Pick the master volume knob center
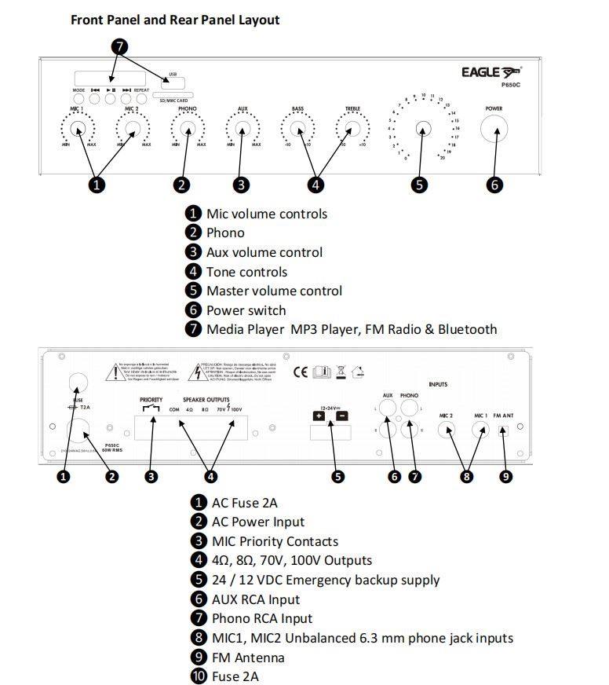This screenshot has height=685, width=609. [x=422, y=129]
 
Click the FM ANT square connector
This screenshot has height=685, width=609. [x=504, y=430]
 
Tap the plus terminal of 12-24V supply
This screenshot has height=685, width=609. [x=318, y=417]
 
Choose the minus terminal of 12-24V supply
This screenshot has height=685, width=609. [x=342, y=417]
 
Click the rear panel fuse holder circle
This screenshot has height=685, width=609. [x=76, y=382]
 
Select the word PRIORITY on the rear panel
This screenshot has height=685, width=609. [x=151, y=400]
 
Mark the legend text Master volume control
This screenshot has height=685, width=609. [x=274, y=291]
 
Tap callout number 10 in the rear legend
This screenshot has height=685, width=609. [x=199, y=676]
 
